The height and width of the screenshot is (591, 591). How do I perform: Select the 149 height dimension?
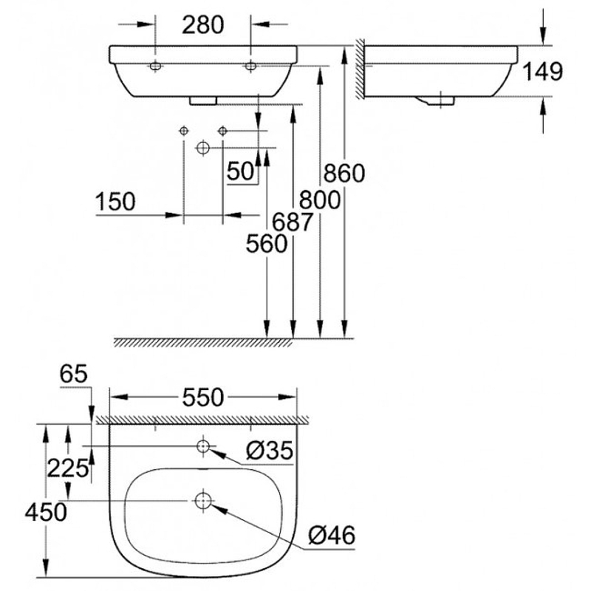click(x=543, y=72)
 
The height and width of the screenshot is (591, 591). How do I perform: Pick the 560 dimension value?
click(x=267, y=244)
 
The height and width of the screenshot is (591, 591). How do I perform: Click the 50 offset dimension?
click(x=240, y=171)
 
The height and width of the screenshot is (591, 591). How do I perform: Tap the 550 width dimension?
click(x=203, y=397)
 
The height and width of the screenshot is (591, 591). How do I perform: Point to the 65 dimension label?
click(x=73, y=374)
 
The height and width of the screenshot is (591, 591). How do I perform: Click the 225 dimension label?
click(x=68, y=467)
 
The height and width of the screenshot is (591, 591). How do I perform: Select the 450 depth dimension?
click(x=46, y=511)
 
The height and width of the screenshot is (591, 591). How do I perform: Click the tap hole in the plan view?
click(x=203, y=446)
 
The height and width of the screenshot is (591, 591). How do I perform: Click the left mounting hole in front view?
click(x=156, y=66)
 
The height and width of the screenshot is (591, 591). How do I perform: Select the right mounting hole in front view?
click(x=251, y=66)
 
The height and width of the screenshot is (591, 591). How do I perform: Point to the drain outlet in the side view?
click(x=441, y=99)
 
